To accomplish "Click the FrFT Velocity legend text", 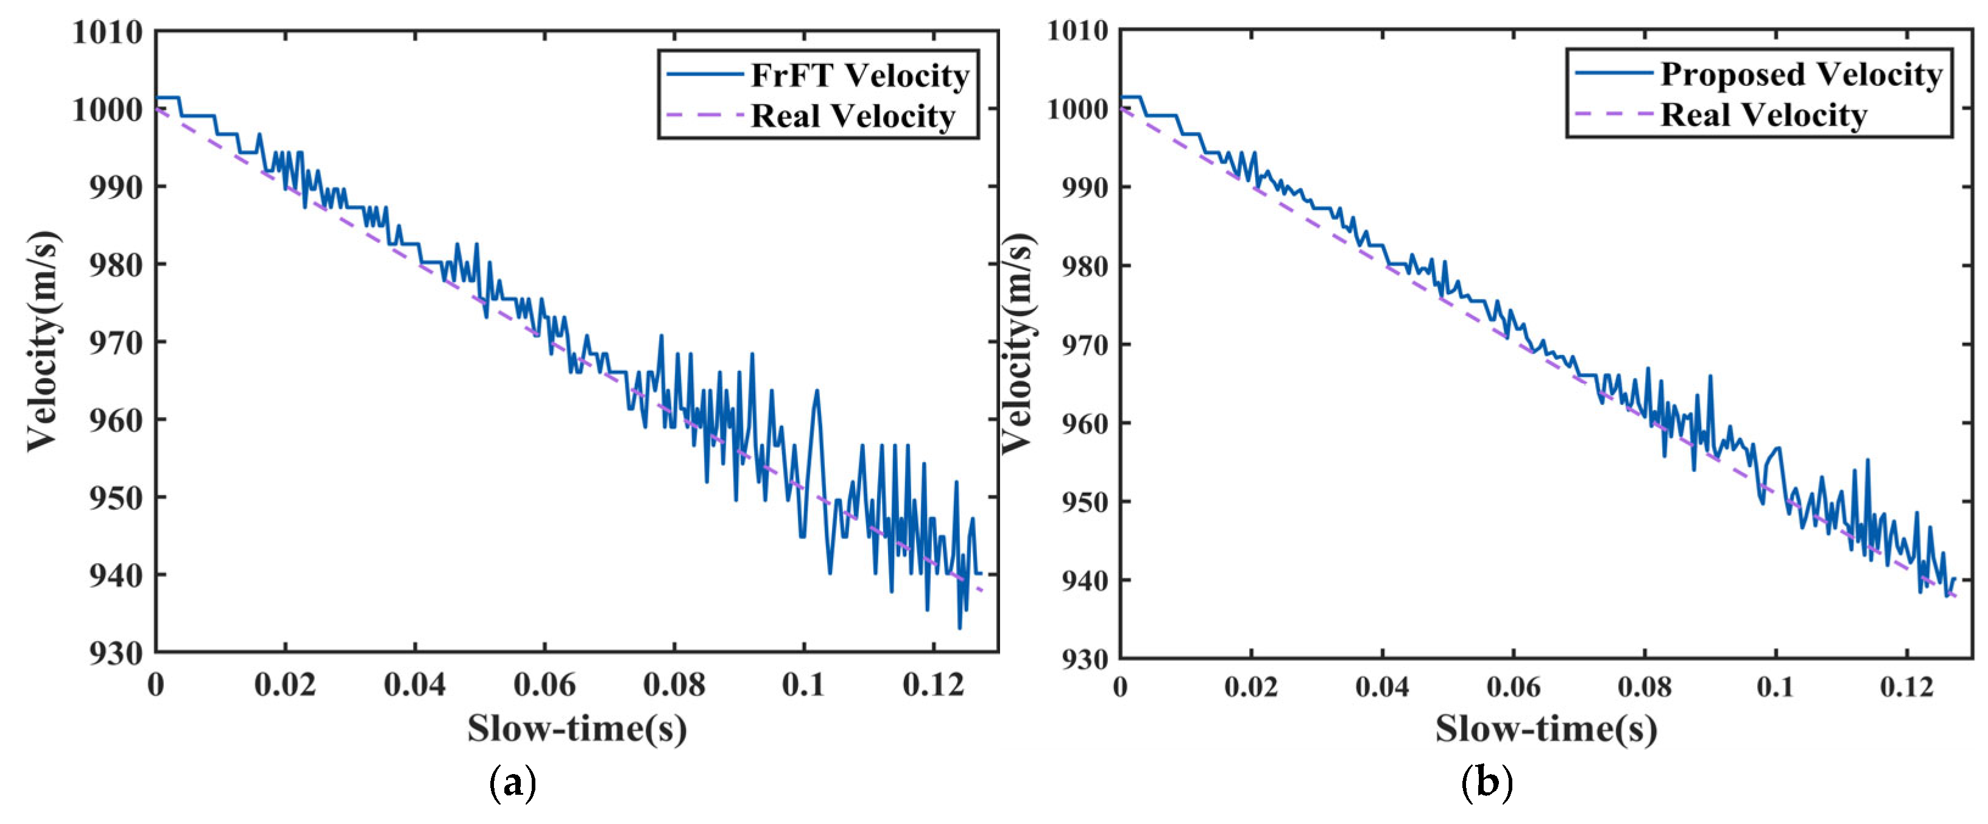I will (860, 76).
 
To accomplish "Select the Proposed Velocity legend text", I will (1801, 74).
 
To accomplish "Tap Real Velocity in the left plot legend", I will (853, 116).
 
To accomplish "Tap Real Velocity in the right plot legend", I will (1763, 115).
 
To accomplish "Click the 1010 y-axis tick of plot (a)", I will (107, 32).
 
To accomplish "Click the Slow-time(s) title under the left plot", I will (577, 729).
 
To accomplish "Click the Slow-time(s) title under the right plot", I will (1546, 729).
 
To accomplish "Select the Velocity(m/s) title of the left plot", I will (43, 340).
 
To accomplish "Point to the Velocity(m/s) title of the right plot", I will (1017, 343).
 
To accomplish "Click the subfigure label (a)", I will (512, 784).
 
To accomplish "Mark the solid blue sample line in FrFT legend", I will (705, 75).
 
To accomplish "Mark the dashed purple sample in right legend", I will (1612, 114).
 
